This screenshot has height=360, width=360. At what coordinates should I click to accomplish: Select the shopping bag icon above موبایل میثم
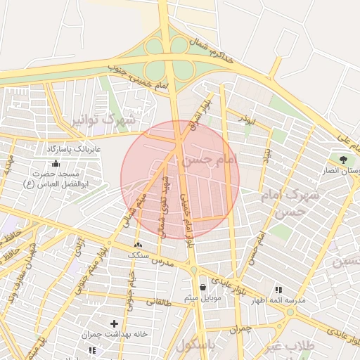203,287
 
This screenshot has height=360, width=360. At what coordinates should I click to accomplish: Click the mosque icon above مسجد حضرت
56,163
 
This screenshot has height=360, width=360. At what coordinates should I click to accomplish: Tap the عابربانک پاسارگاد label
74,150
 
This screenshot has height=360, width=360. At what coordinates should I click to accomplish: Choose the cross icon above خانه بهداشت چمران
112,326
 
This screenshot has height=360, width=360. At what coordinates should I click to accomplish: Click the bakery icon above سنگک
137,245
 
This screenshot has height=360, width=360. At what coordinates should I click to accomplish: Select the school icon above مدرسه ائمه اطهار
279,289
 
